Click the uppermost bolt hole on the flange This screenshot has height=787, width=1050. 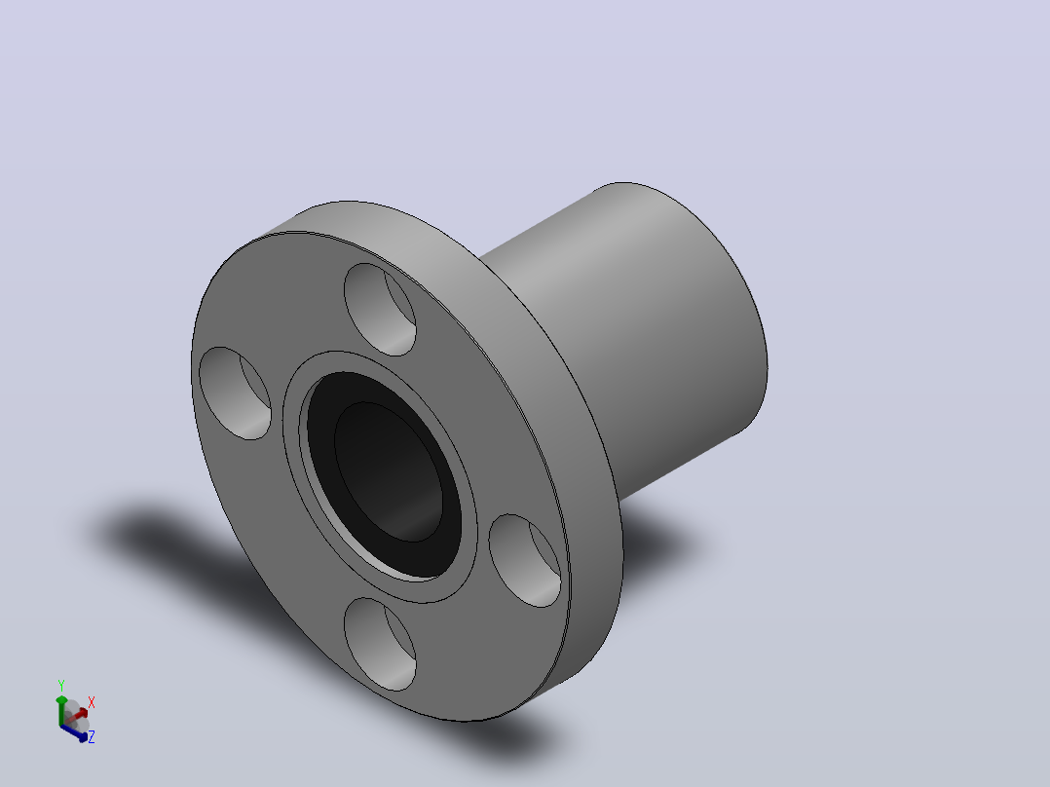tap(380, 310)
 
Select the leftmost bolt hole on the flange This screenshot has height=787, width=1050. tap(235, 393)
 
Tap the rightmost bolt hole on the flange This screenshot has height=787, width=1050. tap(525, 561)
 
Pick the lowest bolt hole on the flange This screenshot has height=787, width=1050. tap(380, 645)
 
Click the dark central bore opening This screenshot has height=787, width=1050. tap(389, 471)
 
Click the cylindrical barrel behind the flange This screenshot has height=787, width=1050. tap(643, 335)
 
